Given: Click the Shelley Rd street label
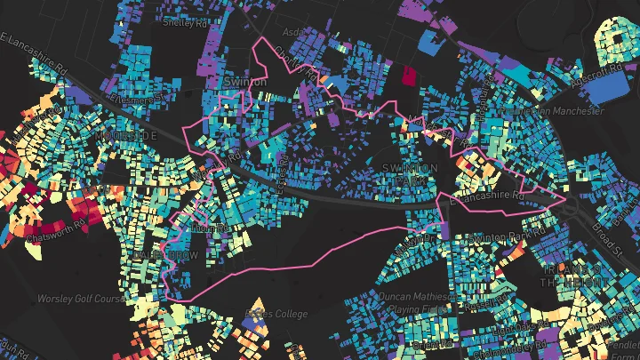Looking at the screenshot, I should click(184, 23).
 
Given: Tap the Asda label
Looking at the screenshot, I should click(292, 31).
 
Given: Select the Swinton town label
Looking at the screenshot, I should click(245, 82).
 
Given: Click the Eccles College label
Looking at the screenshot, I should click(275, 314).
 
